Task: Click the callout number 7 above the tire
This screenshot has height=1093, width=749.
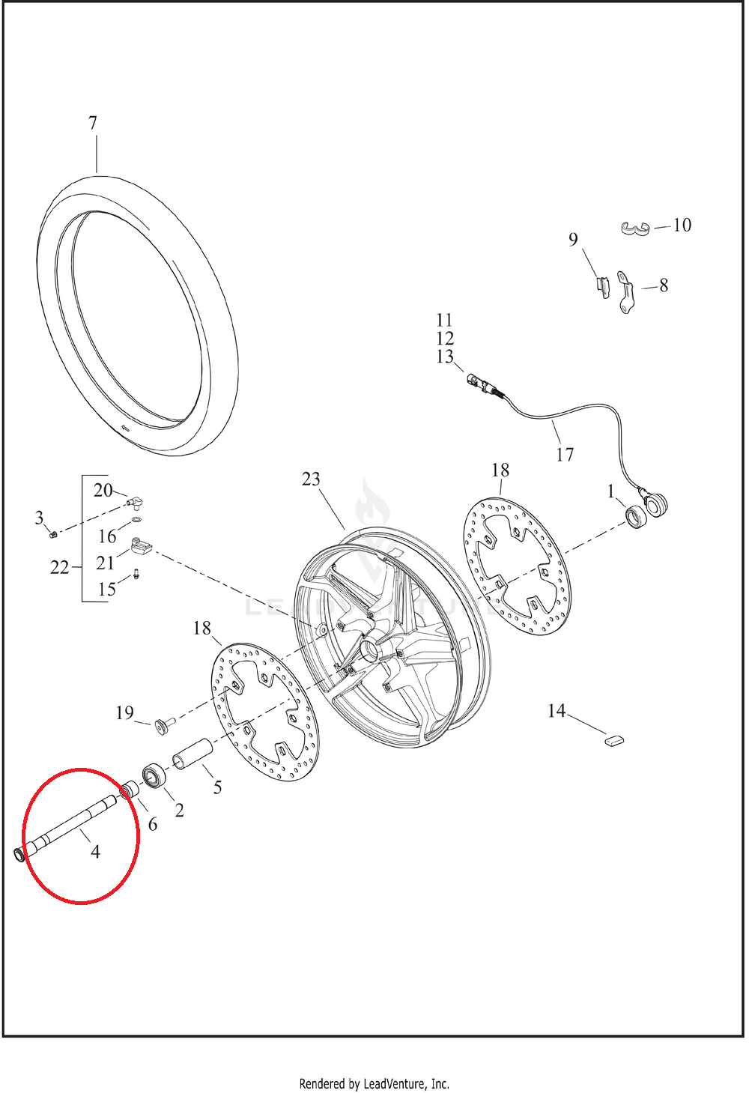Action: [93, 123]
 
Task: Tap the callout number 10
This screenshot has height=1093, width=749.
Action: [682, 225]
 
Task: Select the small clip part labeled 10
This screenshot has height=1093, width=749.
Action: [634, 228]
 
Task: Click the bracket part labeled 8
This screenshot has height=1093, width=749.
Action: [625, 291]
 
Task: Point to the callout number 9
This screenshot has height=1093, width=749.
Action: [573, 239]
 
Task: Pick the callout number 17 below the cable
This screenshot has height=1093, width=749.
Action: [565, 454]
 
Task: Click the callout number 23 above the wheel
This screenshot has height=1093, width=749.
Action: [311, 479]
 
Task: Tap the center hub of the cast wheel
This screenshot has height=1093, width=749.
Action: [371, 648]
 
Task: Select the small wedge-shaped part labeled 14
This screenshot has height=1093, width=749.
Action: [613, 739]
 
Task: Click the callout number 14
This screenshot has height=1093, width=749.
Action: [557, 710]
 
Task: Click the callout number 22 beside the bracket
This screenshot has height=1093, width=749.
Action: [59, 567]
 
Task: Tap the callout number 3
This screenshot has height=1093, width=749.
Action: [40, 518]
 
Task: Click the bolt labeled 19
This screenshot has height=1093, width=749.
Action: [163, 723]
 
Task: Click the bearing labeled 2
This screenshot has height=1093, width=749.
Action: [154, 775]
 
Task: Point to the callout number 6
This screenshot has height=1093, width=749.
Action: [153, 824]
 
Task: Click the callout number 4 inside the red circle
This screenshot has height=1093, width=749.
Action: [95, 851]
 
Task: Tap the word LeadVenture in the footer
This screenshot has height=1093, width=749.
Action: [395, 1083]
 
